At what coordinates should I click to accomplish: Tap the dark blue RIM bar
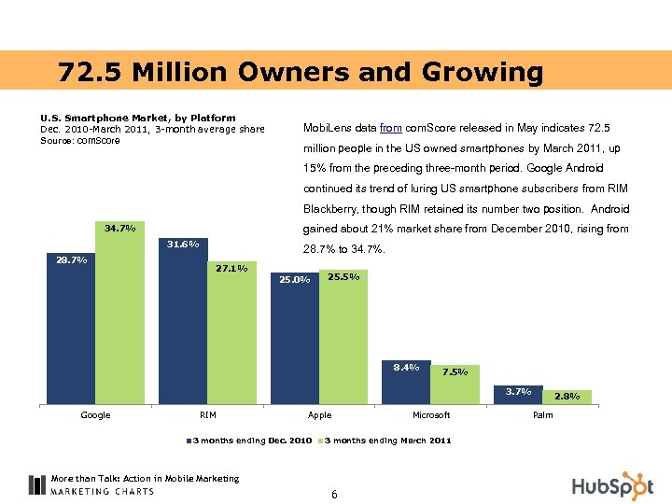[183, 327]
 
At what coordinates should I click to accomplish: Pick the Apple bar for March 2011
[343, 341]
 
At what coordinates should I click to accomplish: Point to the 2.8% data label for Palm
[567, 397]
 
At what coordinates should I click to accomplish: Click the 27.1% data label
[231, 269]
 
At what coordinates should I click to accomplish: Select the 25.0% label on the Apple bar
[295, 279]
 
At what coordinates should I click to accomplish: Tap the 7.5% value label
[455, 371]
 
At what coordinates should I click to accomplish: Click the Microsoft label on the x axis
[431, 415]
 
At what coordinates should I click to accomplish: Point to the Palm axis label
[542, 415]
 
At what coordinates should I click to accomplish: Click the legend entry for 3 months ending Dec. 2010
[249, 440]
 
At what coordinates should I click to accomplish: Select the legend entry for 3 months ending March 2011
[385, 440]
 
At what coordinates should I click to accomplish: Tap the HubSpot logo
[612, 486]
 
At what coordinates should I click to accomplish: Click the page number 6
[334, 494]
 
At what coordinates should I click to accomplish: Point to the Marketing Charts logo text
[103, 491]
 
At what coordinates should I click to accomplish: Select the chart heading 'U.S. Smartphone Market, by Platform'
[137, 118]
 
